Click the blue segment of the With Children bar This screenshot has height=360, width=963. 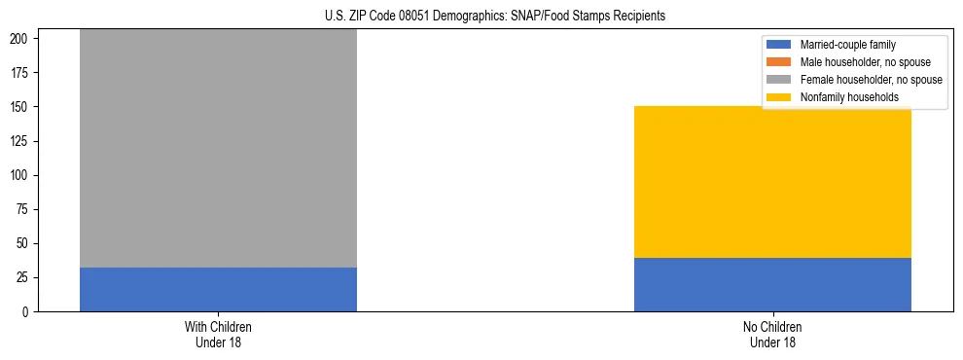point(218,289)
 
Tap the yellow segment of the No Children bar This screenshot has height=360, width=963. point(772,182)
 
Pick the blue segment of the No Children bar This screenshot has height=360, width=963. point(772,284)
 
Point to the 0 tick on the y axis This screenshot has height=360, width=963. point(29,311)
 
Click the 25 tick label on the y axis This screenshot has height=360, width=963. point(26,277)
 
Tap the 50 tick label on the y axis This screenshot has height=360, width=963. point(26,243)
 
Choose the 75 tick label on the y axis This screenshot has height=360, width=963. point(26,209)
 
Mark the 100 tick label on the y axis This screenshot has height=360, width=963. point(23,175)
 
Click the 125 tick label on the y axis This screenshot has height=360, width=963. point(23,141)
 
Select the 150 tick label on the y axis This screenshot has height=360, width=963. point(23,107)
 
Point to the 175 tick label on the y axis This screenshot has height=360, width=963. point(23,73)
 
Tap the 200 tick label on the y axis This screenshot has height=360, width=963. point(23,39)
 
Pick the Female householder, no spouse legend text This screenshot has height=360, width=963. point(871,80)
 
